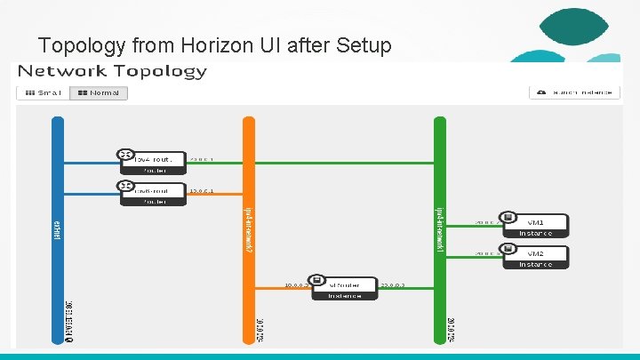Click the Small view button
point(41,92)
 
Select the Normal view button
point(99,92)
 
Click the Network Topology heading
point(112,71)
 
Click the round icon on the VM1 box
point(507,218)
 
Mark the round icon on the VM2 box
point(507,250)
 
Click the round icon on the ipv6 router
point(125,186)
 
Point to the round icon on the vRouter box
point(317,281)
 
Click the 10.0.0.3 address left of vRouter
point(296,285)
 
